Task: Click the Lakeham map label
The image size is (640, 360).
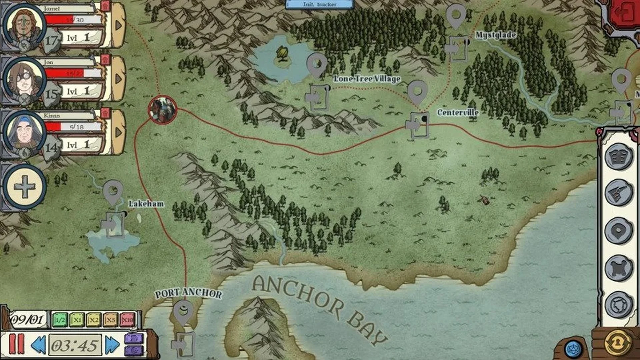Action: [x=146, y=203]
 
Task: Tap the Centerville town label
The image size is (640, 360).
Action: [x=458, y=112]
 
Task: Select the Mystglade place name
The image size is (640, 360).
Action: [x=496, y=35]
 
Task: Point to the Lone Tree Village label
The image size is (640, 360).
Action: [x=367, y=79]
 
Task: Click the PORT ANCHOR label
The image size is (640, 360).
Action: [x=188, y=293]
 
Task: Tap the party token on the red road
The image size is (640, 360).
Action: [x=163, y=110]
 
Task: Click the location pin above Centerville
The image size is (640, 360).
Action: [x=417, y=92]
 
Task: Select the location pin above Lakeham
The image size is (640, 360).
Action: [x=113, y=192]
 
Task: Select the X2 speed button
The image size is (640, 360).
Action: [x=94, y=320]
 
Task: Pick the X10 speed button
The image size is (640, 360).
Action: [x=127, y=320]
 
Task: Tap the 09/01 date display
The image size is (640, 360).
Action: [x=28, y=320]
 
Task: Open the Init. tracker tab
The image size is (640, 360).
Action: [x=319, y=4]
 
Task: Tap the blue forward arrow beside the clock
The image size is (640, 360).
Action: [x=112, y=345]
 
